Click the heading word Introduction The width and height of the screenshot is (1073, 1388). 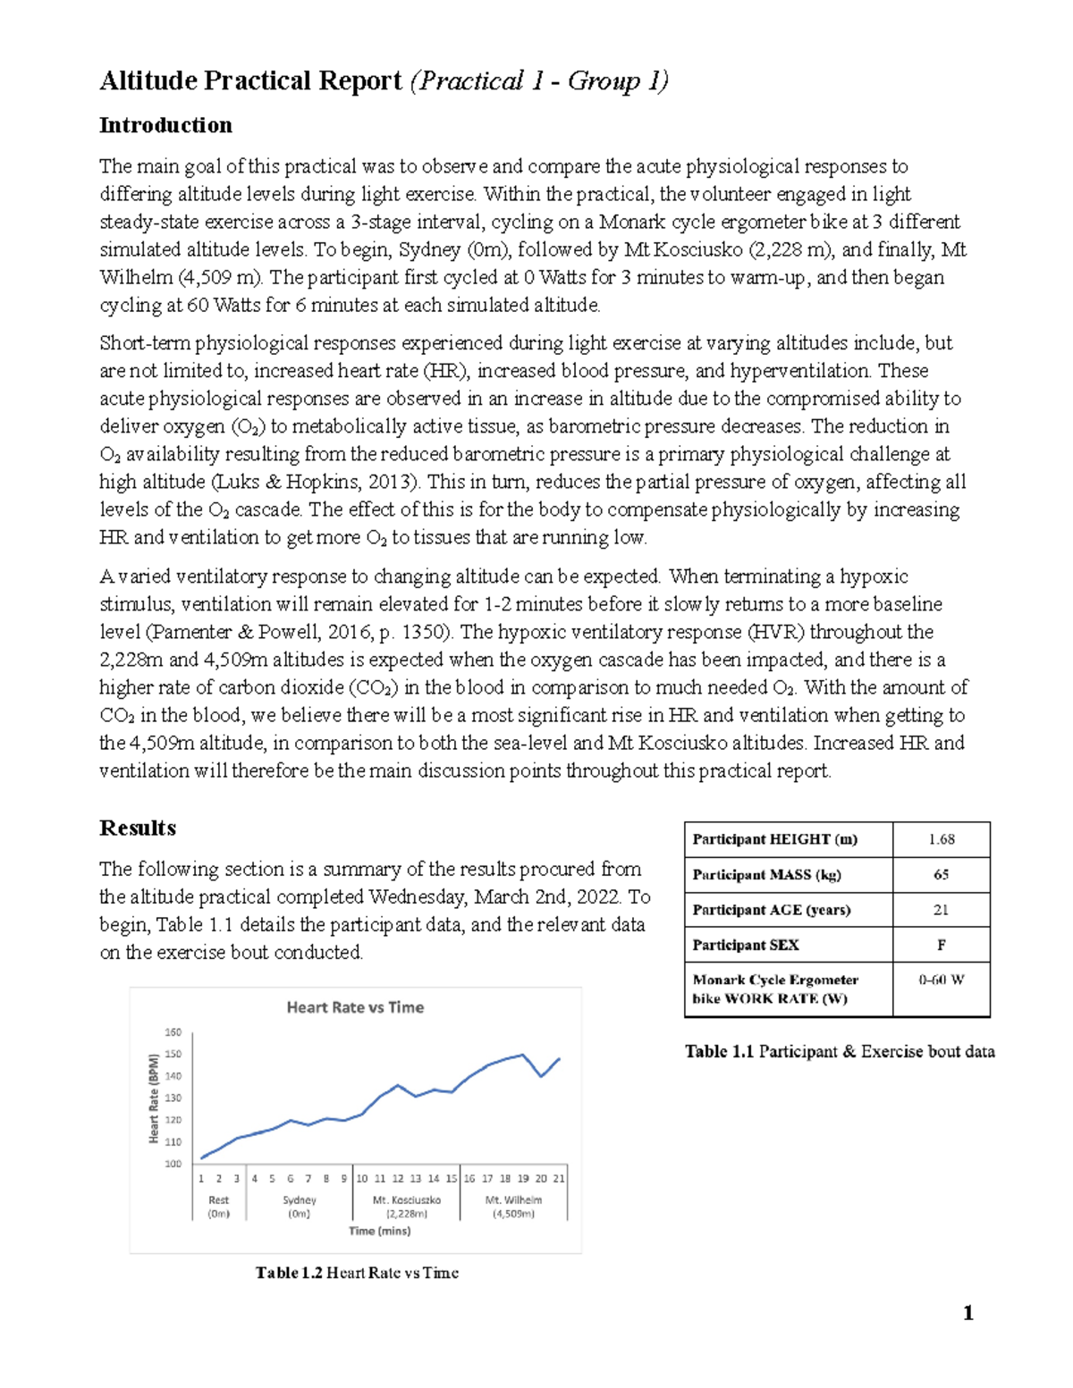pos(165,125)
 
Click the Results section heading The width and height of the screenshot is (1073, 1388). pos(138,828)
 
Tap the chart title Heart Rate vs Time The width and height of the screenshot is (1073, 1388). pos(355,1007)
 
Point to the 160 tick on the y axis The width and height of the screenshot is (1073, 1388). pos(173,1032)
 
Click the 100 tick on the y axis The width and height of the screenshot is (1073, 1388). pos(173,1164)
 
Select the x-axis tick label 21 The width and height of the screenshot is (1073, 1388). pos(559,1179)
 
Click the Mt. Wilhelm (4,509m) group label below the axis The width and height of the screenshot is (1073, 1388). pos(513,1207)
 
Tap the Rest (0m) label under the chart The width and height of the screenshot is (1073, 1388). pos(218,1207)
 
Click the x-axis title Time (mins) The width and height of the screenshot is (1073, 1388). pos(380,1231)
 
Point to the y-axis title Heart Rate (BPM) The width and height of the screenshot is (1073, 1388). pos(154,1098)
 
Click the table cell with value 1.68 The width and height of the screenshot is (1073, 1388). pos(941,839)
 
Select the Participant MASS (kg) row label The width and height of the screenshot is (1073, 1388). pos(766,875)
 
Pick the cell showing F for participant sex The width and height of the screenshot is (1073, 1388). pos(941,945)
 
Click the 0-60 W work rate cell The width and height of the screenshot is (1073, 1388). pos(941,980)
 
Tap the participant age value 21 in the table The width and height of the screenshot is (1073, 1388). pos(941,910)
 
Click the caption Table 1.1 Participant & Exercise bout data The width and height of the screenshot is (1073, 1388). pos(840,1052)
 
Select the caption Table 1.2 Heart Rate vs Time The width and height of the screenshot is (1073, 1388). pos(357,1273)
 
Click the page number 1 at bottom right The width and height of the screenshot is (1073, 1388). pos(967,1313)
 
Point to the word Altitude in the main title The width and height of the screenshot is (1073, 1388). pos(148,81)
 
